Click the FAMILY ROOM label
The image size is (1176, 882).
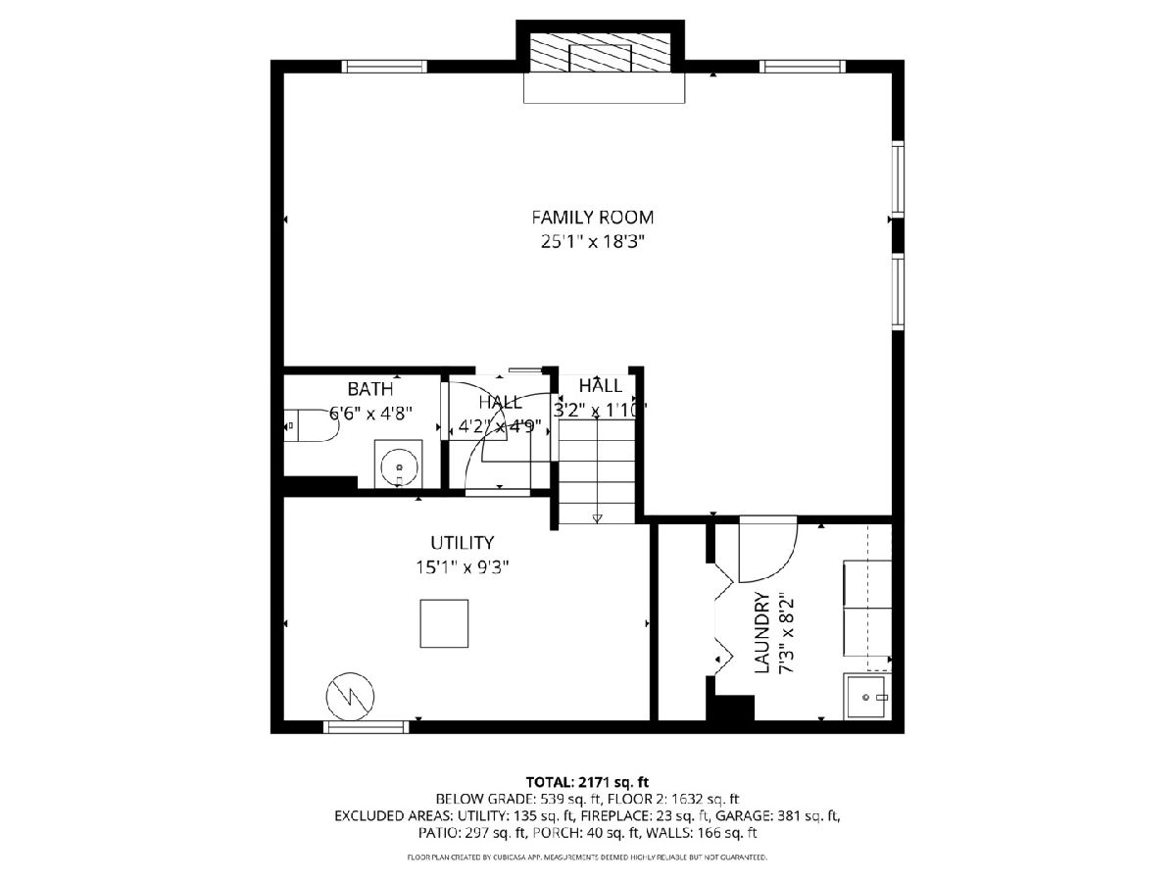pyautogui.click(x=592, y=218)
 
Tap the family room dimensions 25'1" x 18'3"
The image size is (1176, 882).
pyautogui.click(x=592, y=242)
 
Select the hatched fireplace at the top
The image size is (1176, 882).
pyautogui.click(x=600, y=53)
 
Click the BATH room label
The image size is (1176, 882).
pyautogui.click(x=369, y=389)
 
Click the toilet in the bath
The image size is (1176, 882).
pyautogui.click(x=310, y=425)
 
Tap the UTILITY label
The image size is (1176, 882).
pyautogui.click(x=462, y=543)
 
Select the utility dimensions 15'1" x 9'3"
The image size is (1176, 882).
pyautogui.click(x=462, y=567)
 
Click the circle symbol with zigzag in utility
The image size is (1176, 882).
pyautogui.click(x=350, y=697)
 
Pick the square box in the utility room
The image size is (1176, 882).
pyautogui.click(x=444, y=623)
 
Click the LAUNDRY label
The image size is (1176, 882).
pyautogui.click(x=761, y=632)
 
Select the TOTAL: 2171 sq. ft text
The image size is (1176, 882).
pyautogui.click(x=587, y=782)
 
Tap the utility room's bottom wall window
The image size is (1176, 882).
pyautogui.click(x=366, y=727)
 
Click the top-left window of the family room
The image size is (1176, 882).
pyautogui.click(x=384, y=67)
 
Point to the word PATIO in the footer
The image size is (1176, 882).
pyautogui.click(x=435, y=833)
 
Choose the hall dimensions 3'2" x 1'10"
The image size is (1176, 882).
pyautogui.click(x=600, y=411)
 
